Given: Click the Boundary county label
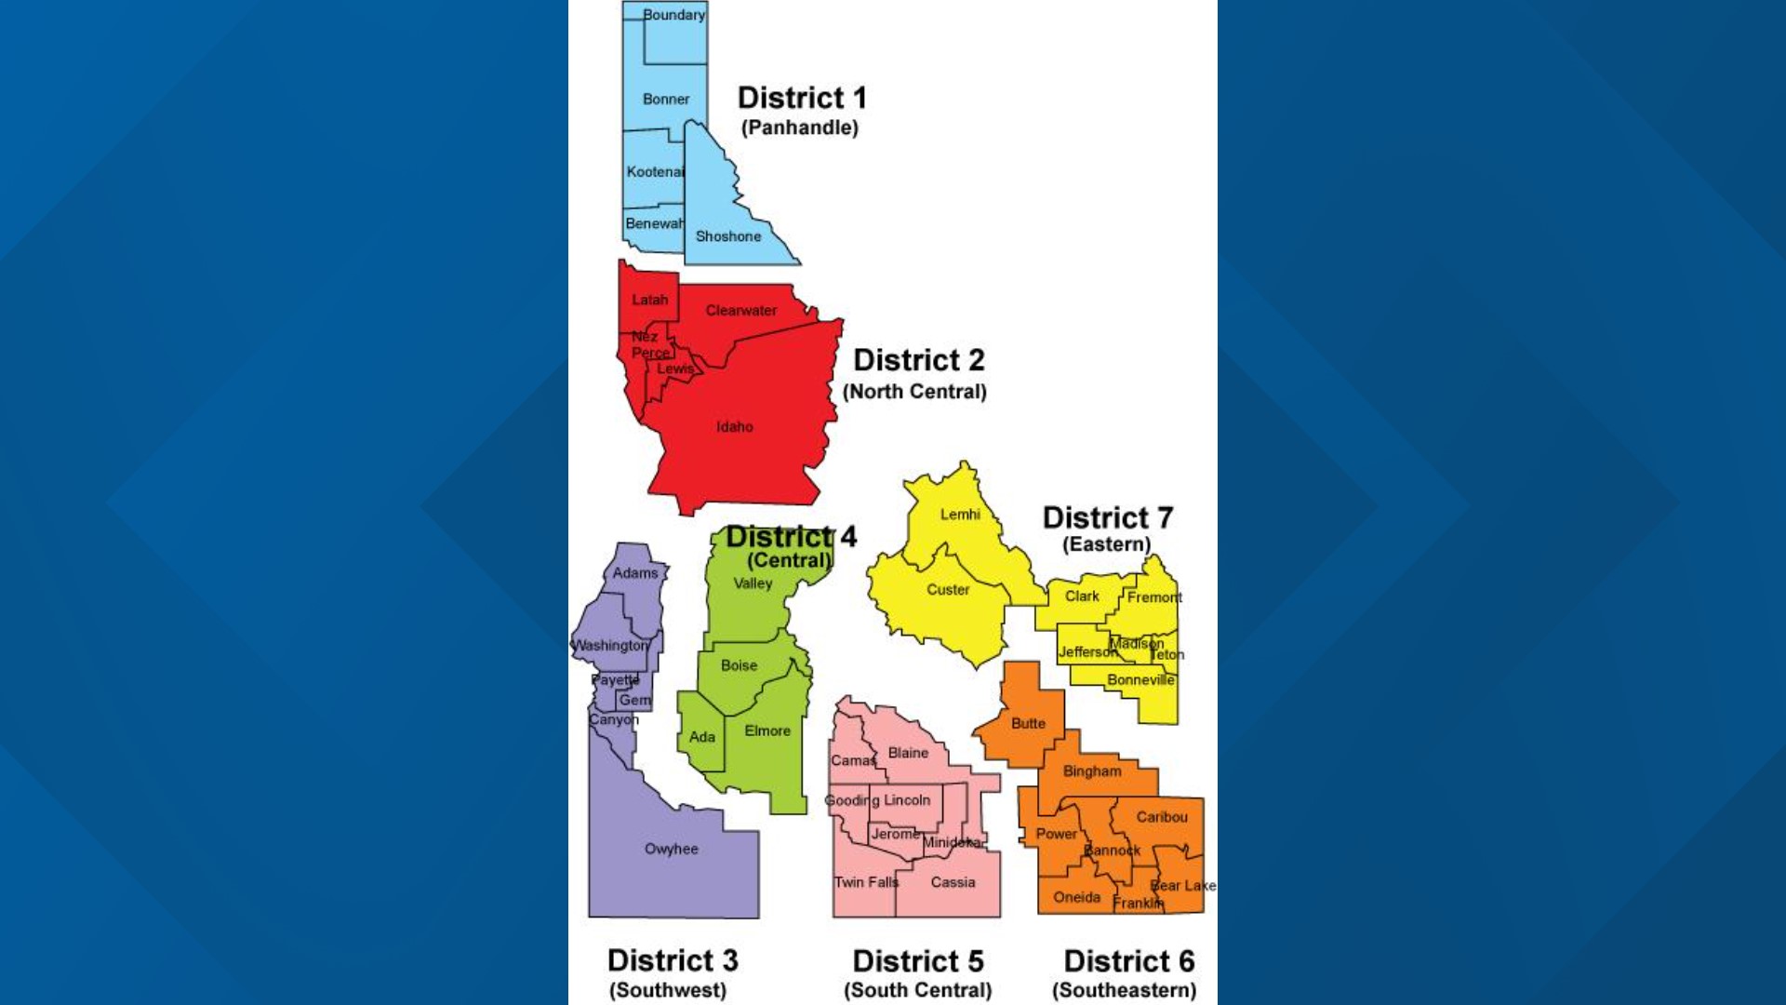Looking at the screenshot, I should pos(673,15).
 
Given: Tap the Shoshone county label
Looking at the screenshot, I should pos(728,236).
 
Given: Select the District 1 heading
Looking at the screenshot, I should pos(802,98).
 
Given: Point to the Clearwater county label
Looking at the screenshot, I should pos(741,311).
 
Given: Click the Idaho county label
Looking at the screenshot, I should pos(735,427).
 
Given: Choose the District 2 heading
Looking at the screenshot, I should pos(919,360).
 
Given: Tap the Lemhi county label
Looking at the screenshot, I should pos(960,515).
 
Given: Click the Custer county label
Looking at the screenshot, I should pos(948,590).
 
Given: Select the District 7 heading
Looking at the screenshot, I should pos(1108,517).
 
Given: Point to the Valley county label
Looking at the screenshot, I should pos(753,583).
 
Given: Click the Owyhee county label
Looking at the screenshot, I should pos(672,849).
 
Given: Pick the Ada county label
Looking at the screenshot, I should pos(702,737).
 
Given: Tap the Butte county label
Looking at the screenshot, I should pos(1028,723).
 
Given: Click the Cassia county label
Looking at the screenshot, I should pos(953,882).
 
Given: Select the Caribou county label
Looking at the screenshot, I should pos(1162,817).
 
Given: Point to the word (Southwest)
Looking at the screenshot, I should pos(668,990).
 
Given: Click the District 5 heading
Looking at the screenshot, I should pos(918,961).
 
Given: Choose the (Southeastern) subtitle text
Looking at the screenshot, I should pos(1125,990).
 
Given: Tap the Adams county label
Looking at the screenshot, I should pos(635,573).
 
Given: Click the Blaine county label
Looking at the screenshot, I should pos(908,753).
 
